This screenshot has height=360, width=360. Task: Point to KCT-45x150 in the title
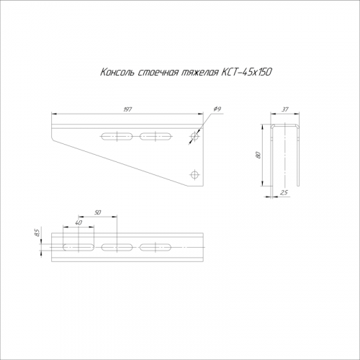click(246, 72)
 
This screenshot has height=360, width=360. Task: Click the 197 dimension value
click(127, 109)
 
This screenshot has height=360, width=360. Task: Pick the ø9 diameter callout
click(217, 109)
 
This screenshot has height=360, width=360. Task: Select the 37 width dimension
click(285, 109)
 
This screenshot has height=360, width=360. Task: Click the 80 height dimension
click(258, 155)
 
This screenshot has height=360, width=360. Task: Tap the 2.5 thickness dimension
click(284, 192)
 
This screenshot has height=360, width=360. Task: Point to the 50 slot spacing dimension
click(98, 212)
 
